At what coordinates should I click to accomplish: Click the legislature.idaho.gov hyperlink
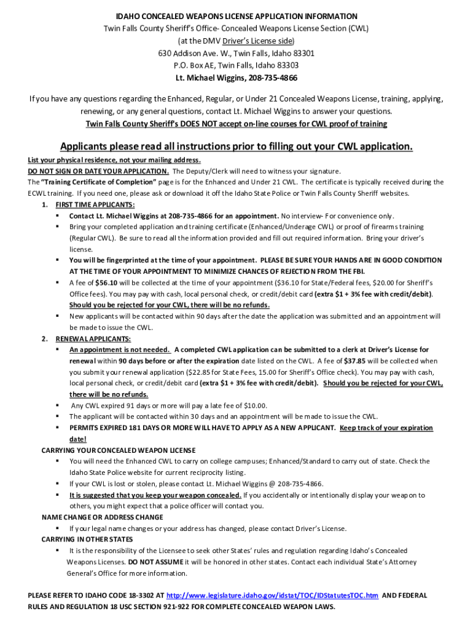(272, 596)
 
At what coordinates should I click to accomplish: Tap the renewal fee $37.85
(354, 361)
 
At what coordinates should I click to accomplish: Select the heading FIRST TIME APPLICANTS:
(95, 205)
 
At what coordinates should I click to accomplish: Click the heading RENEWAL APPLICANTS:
(93, 338)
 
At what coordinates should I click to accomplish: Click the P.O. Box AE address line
(237, 65)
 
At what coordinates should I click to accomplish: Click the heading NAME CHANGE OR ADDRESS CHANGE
(102, 517)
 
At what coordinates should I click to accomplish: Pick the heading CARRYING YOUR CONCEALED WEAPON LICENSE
(119, 450)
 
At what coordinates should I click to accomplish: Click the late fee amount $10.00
(254, 405)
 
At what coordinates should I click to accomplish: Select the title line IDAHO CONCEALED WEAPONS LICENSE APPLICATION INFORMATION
(237, 16)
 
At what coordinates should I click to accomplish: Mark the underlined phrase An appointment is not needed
(120, 349)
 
